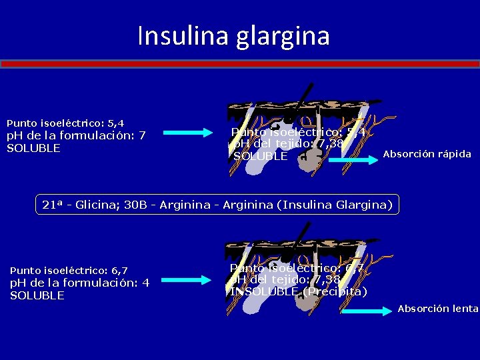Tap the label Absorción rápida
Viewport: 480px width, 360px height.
(x=427, y=154)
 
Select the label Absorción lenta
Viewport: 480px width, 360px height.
(x=438, y=308)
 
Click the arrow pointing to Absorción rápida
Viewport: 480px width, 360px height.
(x=353, y=160)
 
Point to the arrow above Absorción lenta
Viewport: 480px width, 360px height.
(x=365, y=310)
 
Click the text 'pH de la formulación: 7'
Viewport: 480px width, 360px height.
(x=76, y=135)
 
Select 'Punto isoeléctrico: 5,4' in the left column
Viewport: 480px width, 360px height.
(x=65, y=123)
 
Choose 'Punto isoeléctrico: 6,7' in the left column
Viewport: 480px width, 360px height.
(x=69, y=270)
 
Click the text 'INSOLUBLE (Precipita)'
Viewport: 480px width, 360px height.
(x=298, y=291)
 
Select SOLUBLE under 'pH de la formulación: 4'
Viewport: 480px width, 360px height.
(x=37, y=295)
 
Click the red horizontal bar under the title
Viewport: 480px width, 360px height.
(x=240, y=64)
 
